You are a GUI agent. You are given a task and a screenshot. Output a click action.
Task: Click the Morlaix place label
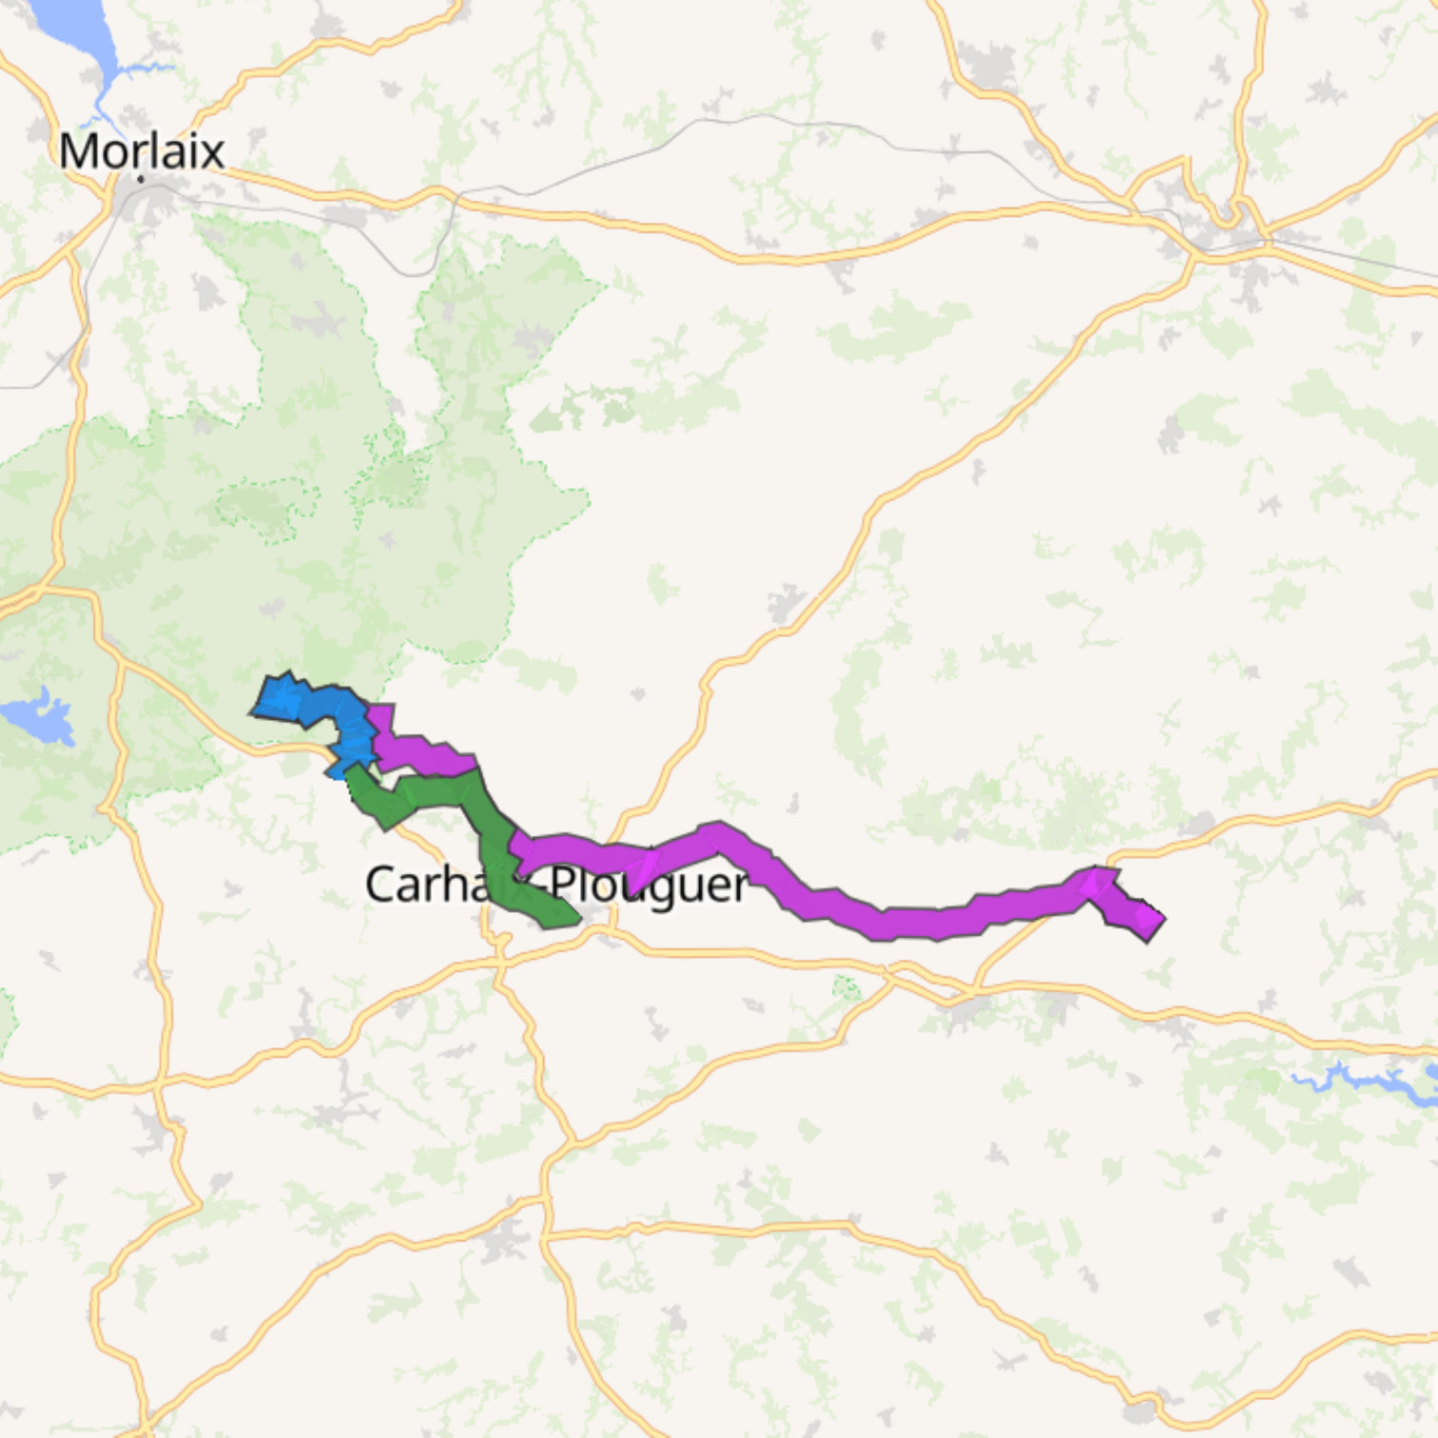(142, 151)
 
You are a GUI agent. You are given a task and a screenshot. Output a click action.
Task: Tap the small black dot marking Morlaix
(141, 178)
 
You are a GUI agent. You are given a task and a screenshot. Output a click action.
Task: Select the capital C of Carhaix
(379, 884)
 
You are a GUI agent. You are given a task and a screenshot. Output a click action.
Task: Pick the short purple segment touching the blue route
(418, 751)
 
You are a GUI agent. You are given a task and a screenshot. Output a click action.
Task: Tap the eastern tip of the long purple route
(1153, 921)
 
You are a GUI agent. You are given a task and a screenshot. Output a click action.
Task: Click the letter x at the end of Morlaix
(214, 152)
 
